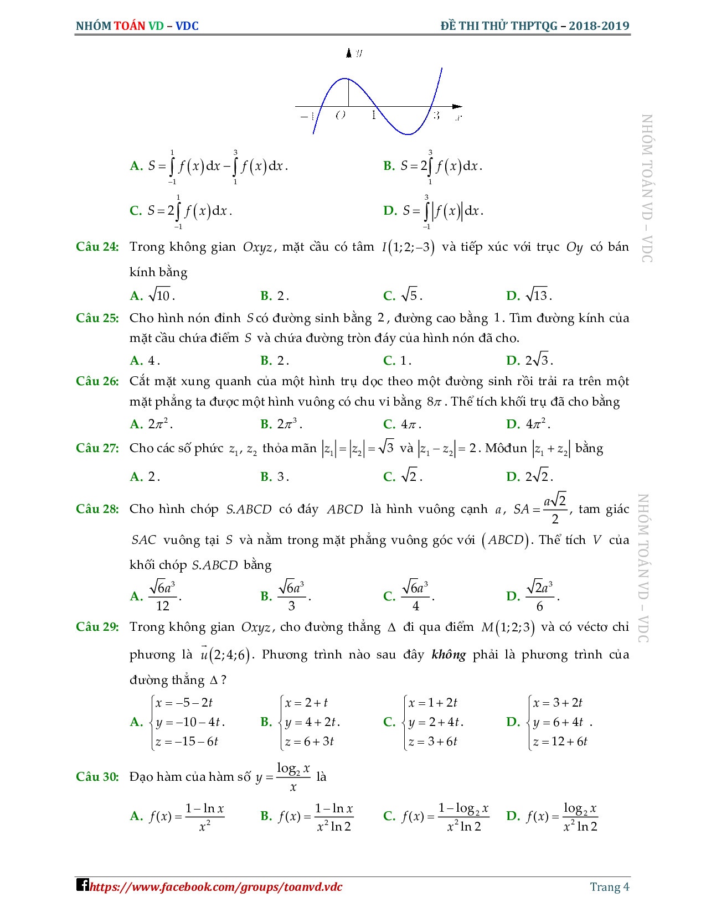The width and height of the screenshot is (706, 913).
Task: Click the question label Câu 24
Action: click(x=97, y=247)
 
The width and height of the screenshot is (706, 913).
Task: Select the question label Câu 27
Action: click(x=97, y=449)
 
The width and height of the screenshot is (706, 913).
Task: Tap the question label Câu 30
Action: click(x=97, y=777)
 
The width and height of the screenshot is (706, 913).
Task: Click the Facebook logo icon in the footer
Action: click(x=82, y=885)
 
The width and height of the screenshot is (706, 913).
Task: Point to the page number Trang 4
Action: click(x=609, y=887)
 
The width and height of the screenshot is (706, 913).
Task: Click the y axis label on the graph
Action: click(x=359, y=53)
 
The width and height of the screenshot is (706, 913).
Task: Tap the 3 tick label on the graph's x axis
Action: click(x=436, y=116)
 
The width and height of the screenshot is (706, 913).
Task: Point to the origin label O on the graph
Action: click(x=341, y=115)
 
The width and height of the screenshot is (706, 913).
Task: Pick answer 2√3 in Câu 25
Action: click(x=538, y=361)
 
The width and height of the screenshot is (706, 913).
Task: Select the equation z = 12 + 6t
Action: click(x=560, y=741)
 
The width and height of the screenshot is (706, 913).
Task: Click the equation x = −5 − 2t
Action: click(x=184, y=703)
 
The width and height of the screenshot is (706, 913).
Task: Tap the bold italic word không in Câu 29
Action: click(x=449, y=655)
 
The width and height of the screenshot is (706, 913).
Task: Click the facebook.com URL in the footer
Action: click(x=216, y=888)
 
